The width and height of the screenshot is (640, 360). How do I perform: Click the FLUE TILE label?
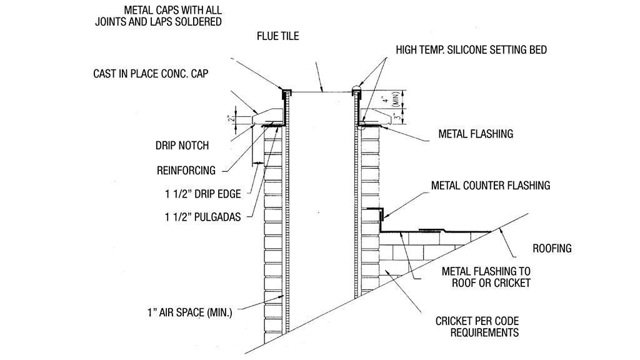tap(277, 36)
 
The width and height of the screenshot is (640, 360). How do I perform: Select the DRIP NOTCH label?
tap(182, 146)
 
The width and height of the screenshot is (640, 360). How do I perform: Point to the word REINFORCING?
tap(186, 170)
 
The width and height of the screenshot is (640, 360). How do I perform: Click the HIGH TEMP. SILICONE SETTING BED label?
tap(471, 50)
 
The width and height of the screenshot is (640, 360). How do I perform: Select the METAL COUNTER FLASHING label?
tap(491, 186)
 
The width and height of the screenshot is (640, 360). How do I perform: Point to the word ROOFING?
tap(552, 248)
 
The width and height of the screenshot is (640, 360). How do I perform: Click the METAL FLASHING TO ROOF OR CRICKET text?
tap(486, 277)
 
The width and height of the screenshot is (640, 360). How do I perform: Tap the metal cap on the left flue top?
tap(287, 92)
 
